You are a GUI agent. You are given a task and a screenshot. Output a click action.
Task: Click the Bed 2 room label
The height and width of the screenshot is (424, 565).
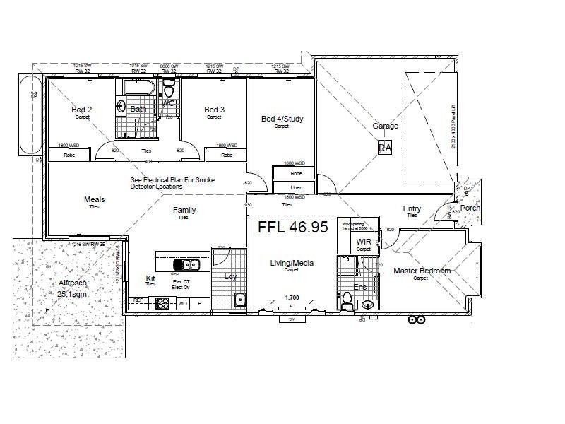coord(81,110)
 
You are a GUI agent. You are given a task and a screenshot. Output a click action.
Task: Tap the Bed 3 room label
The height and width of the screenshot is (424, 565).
coord(214,110)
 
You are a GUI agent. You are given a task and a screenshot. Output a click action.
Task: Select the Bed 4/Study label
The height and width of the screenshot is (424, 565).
coord(282,119)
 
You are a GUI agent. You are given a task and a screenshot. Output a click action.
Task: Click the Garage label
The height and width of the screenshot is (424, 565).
coord(386,126)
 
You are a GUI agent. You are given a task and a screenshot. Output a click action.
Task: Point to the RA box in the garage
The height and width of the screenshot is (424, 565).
coord(385,148)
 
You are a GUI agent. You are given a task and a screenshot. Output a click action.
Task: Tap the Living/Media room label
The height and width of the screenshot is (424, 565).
coord(292,264)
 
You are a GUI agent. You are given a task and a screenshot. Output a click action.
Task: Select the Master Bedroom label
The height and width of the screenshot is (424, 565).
coord(422,271)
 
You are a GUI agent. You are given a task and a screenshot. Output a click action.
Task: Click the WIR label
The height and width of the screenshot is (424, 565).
coord(364,242)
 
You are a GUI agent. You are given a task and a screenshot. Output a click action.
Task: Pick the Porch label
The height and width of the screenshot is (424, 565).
coord(470,208)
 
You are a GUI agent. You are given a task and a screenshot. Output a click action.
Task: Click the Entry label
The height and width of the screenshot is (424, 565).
coord(412,208)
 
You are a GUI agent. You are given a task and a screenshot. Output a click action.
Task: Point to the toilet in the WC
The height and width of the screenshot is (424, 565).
coord(168,90)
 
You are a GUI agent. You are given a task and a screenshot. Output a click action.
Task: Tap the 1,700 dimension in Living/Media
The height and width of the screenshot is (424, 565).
coord(291,298)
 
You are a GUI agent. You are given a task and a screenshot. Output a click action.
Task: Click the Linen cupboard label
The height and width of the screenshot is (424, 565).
coord(296,187)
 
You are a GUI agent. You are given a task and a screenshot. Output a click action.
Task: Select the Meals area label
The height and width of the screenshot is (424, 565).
coord(94,200)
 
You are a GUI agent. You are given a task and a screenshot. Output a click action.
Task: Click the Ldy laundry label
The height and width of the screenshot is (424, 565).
coord(230,276)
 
